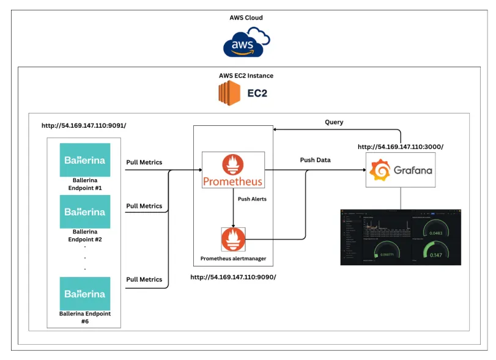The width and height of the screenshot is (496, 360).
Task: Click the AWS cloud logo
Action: click(x=246, y=42)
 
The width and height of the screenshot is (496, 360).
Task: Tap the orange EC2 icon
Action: click(x=229, y=94)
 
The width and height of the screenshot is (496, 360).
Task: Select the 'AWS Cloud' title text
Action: click(x=246, y=18)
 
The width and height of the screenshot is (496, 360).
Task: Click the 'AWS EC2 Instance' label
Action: click(x=246, y=76)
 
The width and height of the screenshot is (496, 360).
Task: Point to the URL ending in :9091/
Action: click(x=84, y=125)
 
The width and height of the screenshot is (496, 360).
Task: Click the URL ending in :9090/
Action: click(x=233, y=277)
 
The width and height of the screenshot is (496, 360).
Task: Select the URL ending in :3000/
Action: click(x=400, y=147)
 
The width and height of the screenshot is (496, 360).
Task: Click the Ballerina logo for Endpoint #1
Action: click(x=85, y=160)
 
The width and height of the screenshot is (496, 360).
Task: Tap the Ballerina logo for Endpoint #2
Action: click(x=85, y=211)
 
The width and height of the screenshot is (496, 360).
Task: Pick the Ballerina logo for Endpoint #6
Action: click(x=85, y=293)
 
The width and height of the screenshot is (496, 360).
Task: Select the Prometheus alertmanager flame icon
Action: click(x=233, y=238)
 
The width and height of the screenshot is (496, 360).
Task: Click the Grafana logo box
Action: click(x=401, y=169)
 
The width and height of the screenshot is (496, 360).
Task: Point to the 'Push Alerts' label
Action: click(x=252, y=199)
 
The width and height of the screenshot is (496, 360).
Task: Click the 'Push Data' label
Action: click(x=315, y=160)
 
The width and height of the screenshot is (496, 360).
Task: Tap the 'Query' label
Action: click(x=334, y=122)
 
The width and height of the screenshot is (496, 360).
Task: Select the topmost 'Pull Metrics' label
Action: click(x=144, y=163)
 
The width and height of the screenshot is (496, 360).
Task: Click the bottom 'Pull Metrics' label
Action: click(x=144, y=279)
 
